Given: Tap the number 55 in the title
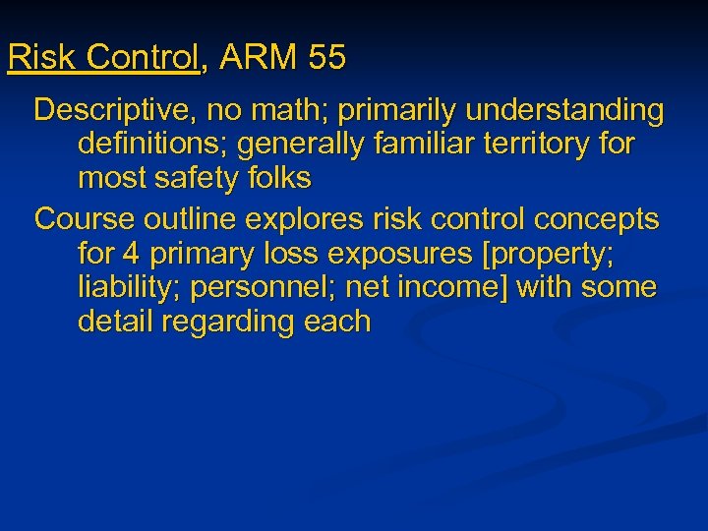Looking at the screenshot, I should [x=325, y=58].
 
